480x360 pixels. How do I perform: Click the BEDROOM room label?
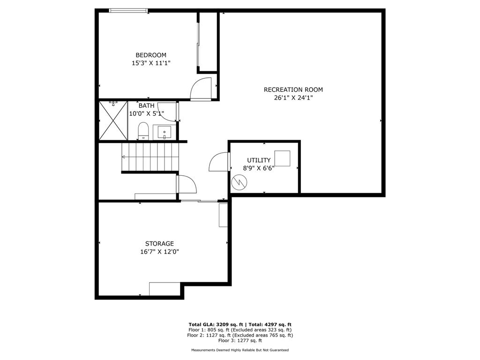click(151, 55)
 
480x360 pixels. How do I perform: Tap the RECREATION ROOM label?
click(293, 90)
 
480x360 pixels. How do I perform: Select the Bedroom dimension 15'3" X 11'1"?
click(151, 63)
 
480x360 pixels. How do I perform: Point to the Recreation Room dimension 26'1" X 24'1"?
click(293, 98)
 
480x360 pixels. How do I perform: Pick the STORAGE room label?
click(159, 243)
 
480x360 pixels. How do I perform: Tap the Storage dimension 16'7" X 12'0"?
click(159, 252)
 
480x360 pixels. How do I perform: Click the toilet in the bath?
click(143, 131)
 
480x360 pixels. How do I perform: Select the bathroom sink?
click(165, 133)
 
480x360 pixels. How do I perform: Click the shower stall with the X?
click(113, 120)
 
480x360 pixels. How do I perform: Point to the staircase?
click(150, 157)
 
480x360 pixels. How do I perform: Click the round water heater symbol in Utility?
click(239, 182)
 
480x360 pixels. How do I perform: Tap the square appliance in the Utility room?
click(282, 158)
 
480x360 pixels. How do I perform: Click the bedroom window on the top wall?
click(128, 10)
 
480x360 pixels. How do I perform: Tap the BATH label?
click(146, 106)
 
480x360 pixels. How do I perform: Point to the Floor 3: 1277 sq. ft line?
click(240, 341)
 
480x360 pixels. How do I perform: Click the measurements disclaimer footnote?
click(240, 350)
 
